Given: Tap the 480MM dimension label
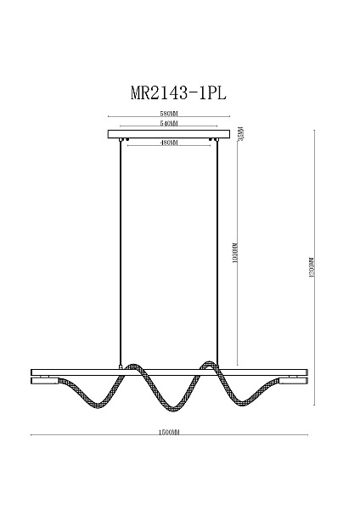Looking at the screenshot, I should pos(170,143).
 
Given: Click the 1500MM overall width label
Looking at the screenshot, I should pos(170,433).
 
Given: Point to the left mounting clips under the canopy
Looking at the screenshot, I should pos(124,140).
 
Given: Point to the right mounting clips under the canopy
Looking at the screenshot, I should pos(216,140).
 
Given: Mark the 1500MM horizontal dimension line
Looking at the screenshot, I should pos(102,437).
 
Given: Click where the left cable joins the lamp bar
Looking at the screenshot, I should pos(121,368).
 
